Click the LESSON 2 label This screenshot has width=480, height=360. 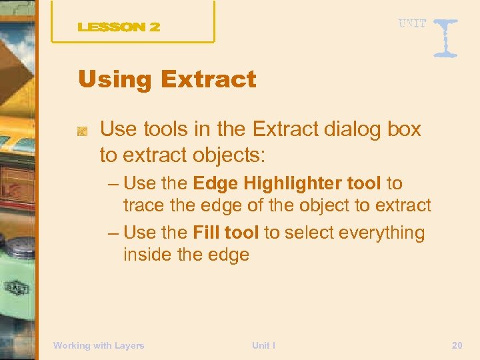point(119,27)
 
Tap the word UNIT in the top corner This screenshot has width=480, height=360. point(413,24)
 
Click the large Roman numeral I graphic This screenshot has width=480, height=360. point(445,37)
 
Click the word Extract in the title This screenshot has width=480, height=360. point(208,80)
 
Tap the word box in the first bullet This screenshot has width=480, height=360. point(403,129)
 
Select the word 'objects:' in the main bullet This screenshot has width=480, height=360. point(229,156)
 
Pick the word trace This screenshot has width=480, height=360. point(144,206)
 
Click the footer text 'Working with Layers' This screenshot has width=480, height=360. point(99,345)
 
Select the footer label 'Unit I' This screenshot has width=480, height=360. point(263,345)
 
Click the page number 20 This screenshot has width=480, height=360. point(457,345)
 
